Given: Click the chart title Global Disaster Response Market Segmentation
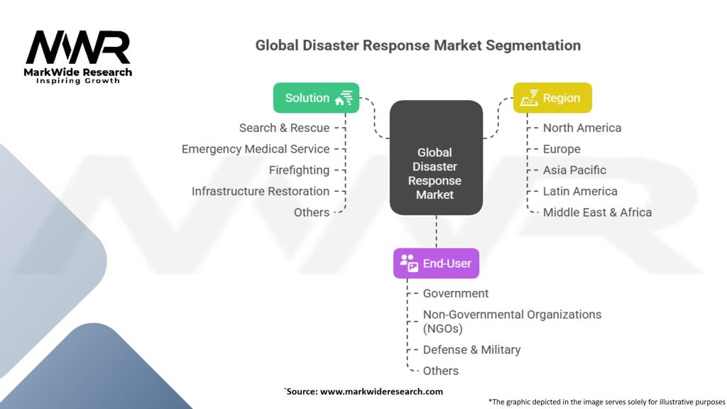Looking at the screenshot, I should [418, 45].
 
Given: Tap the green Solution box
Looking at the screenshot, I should [316, 98].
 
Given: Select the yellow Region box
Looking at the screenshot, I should [552, 98].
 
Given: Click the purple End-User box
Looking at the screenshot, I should [436, 263].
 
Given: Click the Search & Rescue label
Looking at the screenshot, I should [284, 128].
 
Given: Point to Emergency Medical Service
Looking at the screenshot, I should [256, 149].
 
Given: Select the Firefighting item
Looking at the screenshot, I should [299, 170].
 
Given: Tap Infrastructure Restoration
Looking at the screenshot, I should [261, 191].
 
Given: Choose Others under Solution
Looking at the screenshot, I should [312, 212].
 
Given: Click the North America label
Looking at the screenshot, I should [582, 128].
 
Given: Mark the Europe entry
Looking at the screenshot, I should [562, 149].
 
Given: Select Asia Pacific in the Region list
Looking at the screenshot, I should [574, 170].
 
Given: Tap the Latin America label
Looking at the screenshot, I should [580, 191].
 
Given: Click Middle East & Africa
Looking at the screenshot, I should [597, 212].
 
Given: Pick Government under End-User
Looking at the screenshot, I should [456, 293].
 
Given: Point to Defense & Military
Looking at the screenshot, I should [471, 349].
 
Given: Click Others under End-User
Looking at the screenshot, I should [441, 371].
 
